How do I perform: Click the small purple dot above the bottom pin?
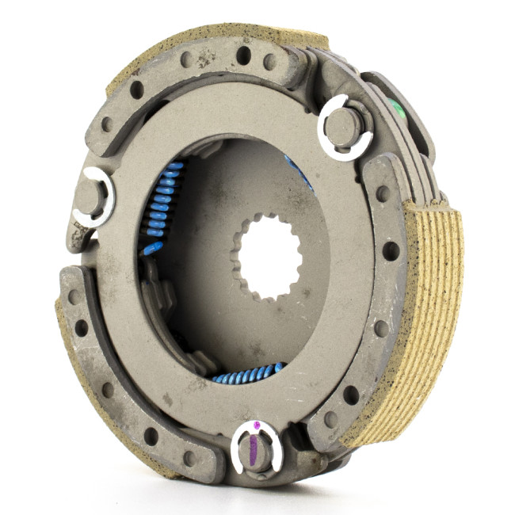pos(256,425)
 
